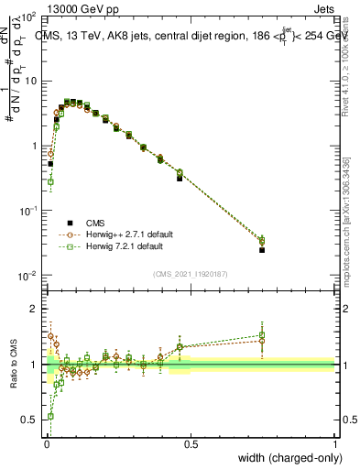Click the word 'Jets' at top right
[x=325, y=7]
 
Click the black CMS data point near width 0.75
[x=262, y=249]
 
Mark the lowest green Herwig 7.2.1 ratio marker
[x=50, y=416]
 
